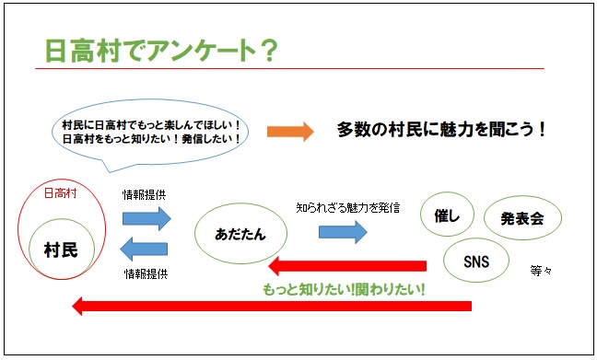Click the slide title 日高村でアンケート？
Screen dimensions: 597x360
161,51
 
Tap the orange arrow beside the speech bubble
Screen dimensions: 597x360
290,132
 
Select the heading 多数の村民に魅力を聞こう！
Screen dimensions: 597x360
441,130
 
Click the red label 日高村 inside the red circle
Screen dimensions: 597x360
60,193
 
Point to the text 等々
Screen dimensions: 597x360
541,271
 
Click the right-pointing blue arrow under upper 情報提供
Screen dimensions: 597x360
147,218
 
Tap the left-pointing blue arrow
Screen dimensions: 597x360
144,249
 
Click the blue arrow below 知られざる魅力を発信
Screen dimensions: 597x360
343,232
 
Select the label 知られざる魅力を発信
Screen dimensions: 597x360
348,208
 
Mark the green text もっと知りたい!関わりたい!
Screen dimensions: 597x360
344,290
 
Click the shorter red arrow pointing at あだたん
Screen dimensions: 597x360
347,266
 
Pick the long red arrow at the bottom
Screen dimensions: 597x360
272,306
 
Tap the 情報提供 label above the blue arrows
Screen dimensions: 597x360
144,195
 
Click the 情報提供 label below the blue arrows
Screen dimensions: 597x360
146,273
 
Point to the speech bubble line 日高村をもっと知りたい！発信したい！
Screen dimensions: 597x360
151,139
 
